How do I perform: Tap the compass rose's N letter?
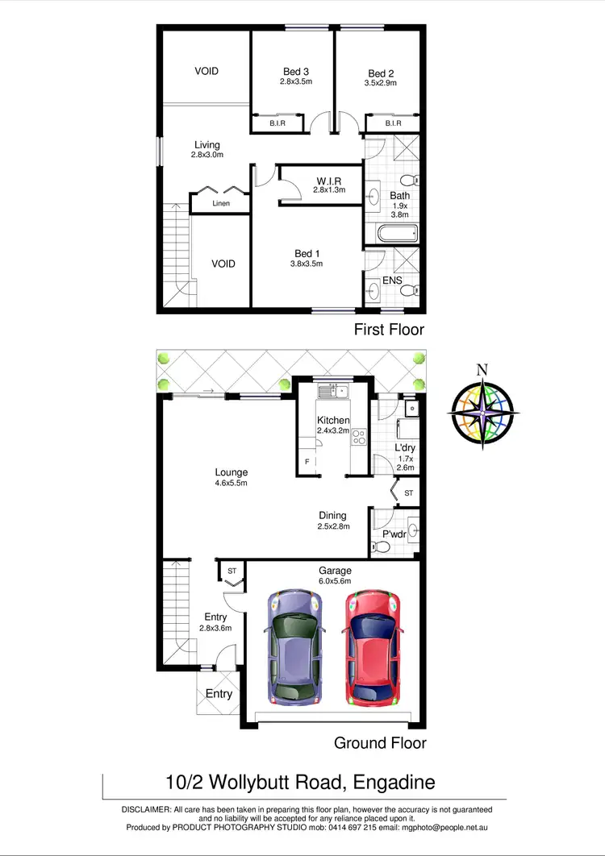[x=482, y=370]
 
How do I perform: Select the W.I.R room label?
[x=329, y=179]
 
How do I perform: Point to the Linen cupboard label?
[x=221, y=204]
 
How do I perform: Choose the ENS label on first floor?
[x=393, y=280]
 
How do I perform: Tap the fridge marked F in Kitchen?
[x=307, y=462]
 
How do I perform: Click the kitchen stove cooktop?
[x=358, y=438]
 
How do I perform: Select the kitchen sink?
[x=332, y=392]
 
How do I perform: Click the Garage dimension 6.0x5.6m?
[x=334, y=581]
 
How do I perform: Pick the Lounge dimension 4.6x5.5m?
[x=231, y=484]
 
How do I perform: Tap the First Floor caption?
[x=389, y=330]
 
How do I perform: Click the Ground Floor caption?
[x=380, y=743]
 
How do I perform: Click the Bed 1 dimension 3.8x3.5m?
[x=307, y=264]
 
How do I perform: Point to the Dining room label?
[x=332, y=516]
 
